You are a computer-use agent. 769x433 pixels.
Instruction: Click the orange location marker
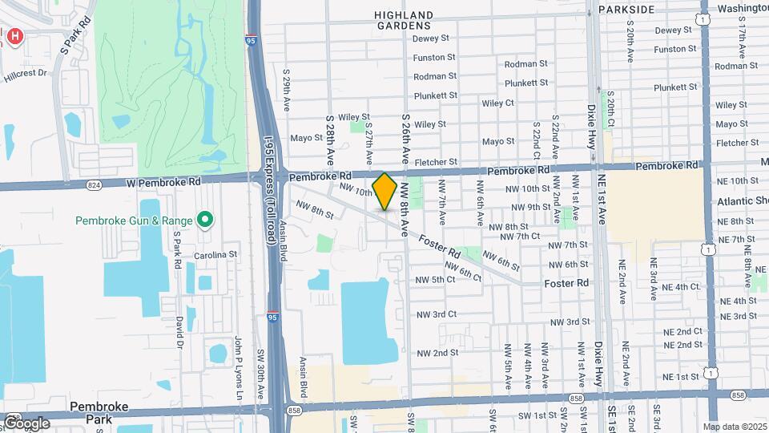[384, 192]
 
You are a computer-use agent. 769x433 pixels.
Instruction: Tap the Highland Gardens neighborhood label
[405, 20]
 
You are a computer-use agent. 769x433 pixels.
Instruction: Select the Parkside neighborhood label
[626, 10]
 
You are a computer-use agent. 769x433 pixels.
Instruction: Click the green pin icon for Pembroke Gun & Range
[205, 219]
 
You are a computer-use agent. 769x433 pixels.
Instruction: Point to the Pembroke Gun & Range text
[134, 221]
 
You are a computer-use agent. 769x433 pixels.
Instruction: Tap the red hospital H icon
[14, 36]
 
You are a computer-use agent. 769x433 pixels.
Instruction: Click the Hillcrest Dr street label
[25, 72]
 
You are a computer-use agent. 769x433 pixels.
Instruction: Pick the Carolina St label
[215, 255]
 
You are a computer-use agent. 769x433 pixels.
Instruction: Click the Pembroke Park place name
[99, 412]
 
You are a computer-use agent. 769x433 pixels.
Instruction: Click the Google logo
[26, 423]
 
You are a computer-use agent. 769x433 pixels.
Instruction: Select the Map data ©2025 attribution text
[734, 426]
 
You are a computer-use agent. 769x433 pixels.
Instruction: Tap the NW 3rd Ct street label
[436, 314]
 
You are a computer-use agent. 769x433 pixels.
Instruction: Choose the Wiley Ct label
[497, 103]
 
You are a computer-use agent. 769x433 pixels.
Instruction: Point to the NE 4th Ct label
[676, 286]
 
